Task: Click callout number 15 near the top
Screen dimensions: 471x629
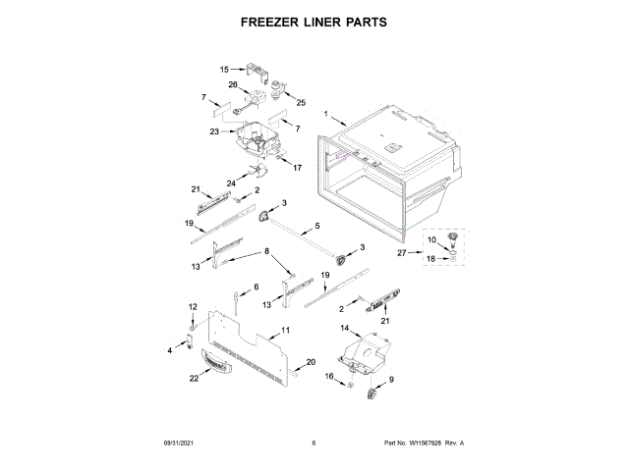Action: point(224,70)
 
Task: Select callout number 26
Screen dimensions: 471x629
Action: point(233,85)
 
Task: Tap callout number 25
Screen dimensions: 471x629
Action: point(302,103)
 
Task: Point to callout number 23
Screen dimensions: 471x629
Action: point(214,131)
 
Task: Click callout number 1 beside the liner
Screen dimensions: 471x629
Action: point(325,114)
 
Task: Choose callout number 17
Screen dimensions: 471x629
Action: point(296,168)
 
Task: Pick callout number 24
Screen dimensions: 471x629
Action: point(232,183)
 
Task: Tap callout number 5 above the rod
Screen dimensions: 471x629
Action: point(317,227)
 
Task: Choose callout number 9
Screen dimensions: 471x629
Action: point(391,380)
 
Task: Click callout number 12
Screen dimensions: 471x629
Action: point(193,308)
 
